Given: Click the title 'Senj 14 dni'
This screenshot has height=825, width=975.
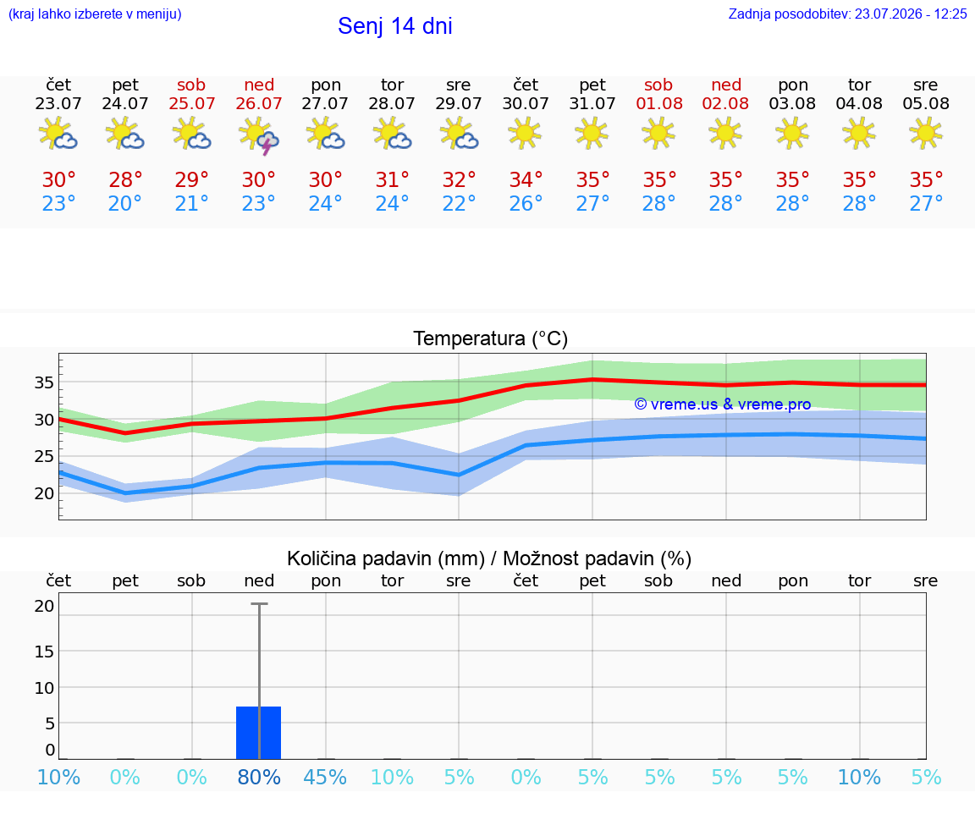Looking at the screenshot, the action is click(x=395, y=26).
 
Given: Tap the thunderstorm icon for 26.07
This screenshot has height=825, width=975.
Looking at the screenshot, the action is click(x=259, y=135).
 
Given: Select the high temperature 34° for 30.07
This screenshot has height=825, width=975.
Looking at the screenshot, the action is click(x=526, y=179).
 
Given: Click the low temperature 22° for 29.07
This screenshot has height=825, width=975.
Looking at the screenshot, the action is click(x=459, y=203).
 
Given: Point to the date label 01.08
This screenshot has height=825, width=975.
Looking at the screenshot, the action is click(x=659, y=104).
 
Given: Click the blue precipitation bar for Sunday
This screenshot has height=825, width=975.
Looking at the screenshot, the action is click(x=259, y=733).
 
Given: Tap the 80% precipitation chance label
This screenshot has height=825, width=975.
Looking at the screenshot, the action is click(x=259, y=777).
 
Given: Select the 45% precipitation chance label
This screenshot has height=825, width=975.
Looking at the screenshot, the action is click(x=325, y=777).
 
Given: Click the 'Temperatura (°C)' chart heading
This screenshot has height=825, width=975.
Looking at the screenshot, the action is click(x=491, y=338).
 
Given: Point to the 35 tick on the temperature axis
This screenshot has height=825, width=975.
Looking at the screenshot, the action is click(x=44, y=382).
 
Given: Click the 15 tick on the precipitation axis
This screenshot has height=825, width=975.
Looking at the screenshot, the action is click(x=44, y=651).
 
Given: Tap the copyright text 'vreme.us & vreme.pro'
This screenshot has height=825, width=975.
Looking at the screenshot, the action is click(x=723, y=404).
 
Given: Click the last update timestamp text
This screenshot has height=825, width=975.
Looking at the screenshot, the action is click(x=847, y=14).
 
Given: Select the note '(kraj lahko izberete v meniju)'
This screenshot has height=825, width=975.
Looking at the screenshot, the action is click(x=95, y=14).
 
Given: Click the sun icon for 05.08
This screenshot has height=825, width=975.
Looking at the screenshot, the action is click(x=926, y=133).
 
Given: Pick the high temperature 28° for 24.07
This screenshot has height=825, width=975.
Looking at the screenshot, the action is click(x=125, y=179).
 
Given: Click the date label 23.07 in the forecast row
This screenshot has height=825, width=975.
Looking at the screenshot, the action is click(x=58, y=104).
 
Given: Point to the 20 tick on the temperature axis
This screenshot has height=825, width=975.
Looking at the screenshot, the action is click(x=44, y=493).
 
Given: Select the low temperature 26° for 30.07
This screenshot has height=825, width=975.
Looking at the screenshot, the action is click(x=526, y=203).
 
